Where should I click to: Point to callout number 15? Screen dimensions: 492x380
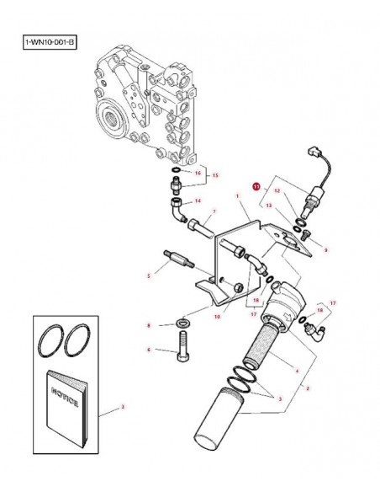[214, 175]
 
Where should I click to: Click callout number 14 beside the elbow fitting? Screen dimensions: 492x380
[198, 201]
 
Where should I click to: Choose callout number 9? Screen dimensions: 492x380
[325, 249]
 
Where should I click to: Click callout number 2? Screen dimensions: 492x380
[309, 388]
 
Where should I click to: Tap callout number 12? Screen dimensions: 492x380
[275, 191]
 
